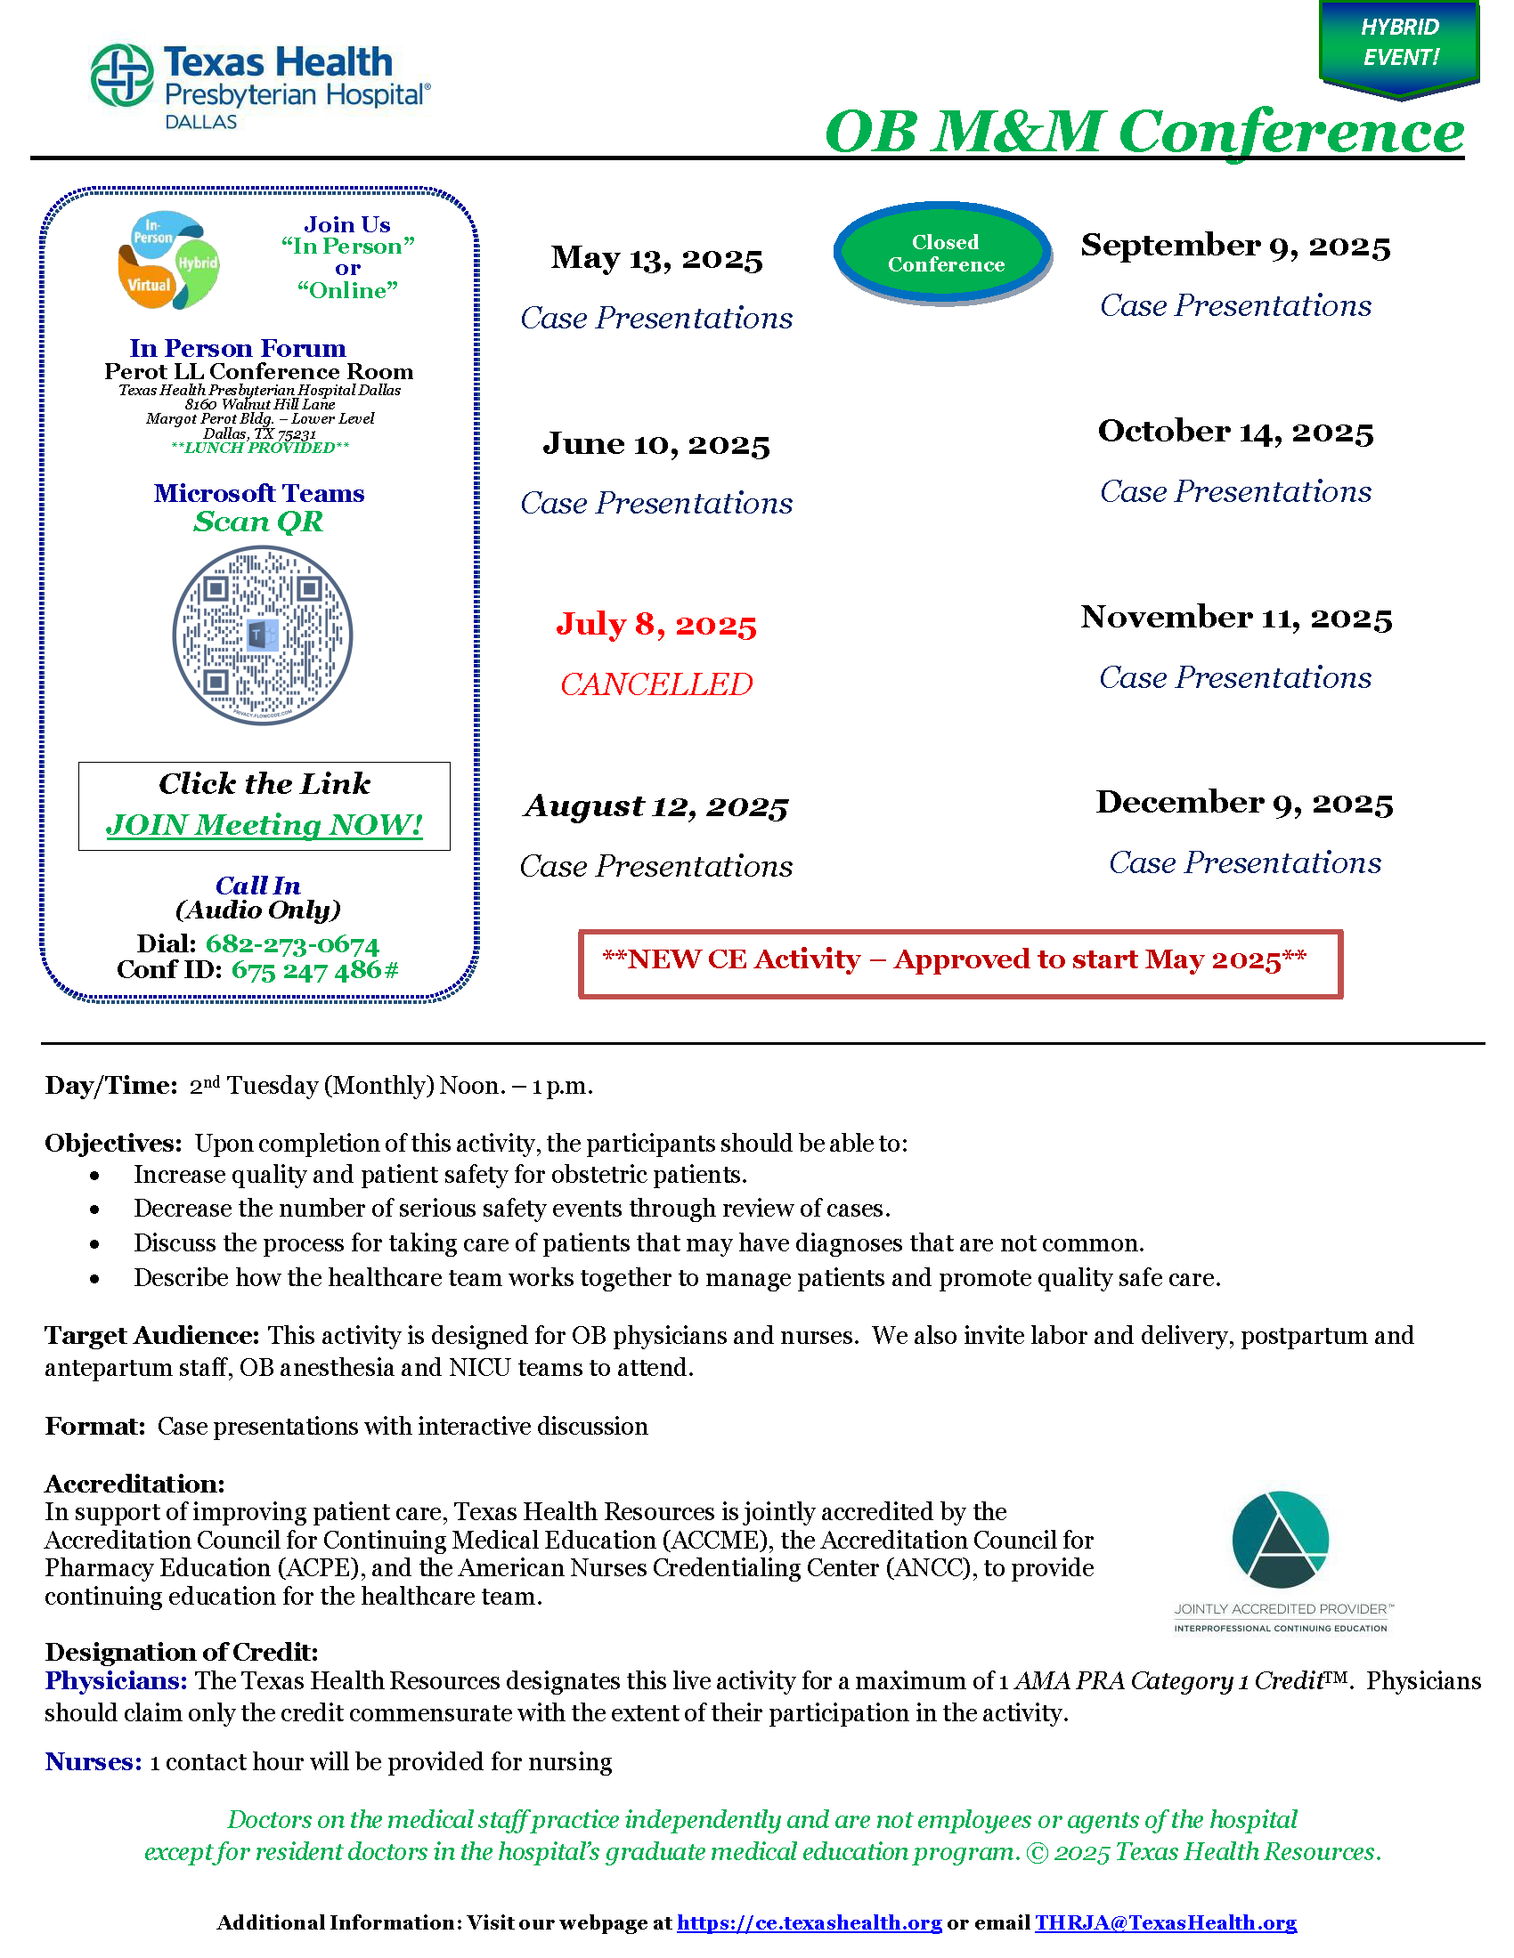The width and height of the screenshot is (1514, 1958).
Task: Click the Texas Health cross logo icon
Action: coord(122,76)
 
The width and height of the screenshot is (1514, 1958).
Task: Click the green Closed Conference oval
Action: coord(944,254)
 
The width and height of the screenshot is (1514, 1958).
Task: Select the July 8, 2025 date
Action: coord(656,624)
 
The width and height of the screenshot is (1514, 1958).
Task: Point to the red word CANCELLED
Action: coord(656,685)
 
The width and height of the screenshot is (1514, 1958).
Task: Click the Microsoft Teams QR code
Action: coord(262,635)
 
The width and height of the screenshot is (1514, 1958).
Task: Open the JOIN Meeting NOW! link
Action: coord(265,825)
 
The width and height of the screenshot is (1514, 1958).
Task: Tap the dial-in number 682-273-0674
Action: coord(292,944)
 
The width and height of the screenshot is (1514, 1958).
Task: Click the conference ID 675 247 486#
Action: coord(314,970)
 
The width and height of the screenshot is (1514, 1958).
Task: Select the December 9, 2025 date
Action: coord(1244,803)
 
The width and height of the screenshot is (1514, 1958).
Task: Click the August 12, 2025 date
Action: coord(656,806)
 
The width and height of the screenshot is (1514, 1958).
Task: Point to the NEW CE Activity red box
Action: coord(960,964)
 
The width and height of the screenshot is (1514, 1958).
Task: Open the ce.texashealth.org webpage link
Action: coord(809,1922)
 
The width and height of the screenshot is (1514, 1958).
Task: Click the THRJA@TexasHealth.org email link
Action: coord(1165,1922)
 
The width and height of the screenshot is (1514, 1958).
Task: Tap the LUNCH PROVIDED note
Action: coord(259,448)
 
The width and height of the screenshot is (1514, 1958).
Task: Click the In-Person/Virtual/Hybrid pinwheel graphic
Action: coord(168,260)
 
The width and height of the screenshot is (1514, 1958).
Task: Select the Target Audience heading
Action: coord(151,1336)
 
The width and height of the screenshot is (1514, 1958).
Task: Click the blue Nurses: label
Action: coord(94,1761)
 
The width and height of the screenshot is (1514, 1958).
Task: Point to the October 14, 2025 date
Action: coord(1235,433)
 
